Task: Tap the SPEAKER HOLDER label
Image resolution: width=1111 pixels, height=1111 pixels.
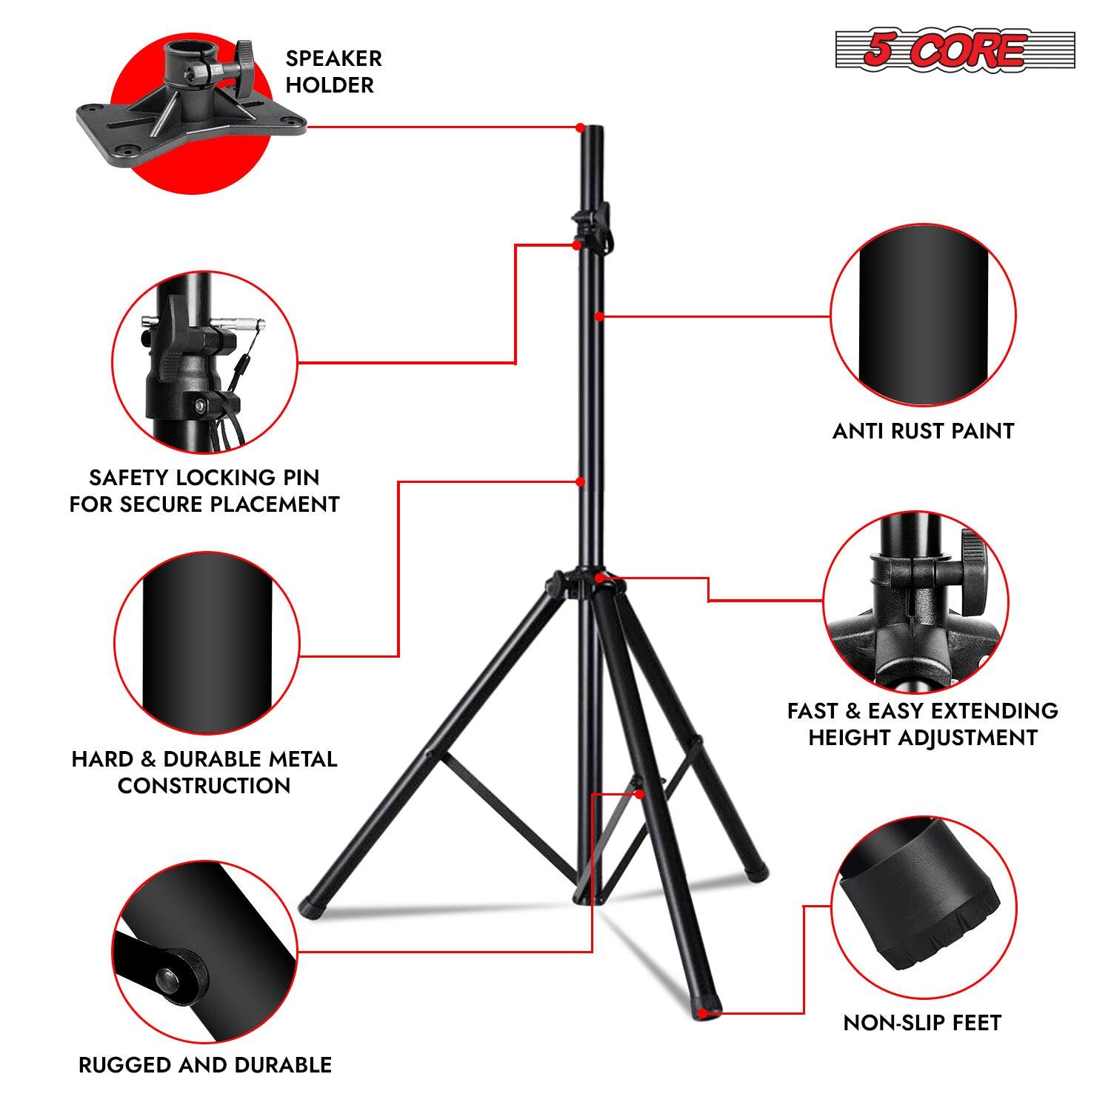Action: point(333,72)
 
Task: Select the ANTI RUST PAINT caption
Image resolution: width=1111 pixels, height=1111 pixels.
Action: point(923,431)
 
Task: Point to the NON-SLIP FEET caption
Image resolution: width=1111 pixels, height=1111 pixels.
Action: point(922,1023)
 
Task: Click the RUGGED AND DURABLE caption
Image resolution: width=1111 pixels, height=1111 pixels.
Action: point(205,1065)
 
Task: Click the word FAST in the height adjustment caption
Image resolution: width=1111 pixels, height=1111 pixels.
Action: point(812,711)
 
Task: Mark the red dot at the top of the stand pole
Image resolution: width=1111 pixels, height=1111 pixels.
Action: point(581,128)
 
